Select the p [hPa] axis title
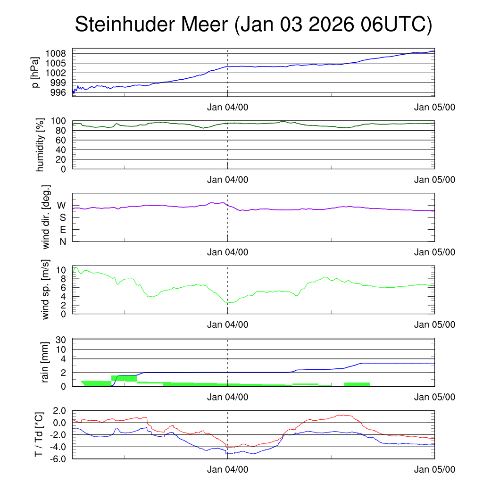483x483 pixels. tap(34, 72)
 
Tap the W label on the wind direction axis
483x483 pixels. tap(62, 206)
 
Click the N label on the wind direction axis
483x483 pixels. tap(62, 242)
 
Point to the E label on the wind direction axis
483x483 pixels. tap(62, 230)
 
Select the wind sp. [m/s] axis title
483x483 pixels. tap(45, 289)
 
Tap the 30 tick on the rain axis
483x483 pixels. tap(61, 340)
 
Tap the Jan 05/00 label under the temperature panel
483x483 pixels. tap(434, 469)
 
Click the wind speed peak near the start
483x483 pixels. tap(75, 267)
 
